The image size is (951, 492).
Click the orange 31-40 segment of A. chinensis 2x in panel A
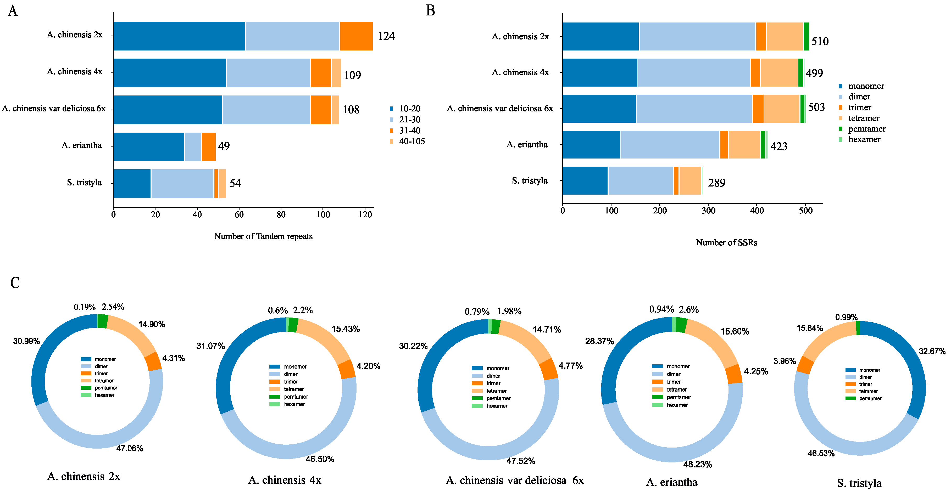[356, 36]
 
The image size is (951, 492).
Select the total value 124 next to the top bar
[386, 36]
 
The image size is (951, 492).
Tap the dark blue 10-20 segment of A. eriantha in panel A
[149, 147]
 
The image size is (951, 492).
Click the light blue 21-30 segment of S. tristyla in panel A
[182, 184]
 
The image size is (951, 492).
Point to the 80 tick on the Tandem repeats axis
[281, 215]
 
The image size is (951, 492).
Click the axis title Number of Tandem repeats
[263, 236]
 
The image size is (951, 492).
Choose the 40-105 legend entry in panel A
[412, 141]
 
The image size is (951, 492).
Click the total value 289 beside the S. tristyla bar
[716, 183]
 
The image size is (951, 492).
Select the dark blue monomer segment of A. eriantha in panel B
[591, 145]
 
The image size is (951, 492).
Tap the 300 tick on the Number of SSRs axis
[708, 211]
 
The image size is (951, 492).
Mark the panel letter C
[15, 283]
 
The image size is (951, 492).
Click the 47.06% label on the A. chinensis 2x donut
[130, 449]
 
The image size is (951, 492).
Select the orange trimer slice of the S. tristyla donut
[805, 365]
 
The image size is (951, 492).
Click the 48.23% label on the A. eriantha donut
[697, 464]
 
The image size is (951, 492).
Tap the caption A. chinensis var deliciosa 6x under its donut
[515, 480]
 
